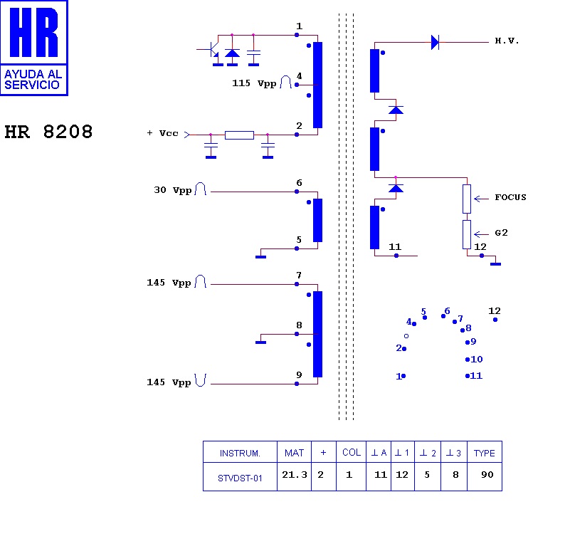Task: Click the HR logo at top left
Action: point(34,48)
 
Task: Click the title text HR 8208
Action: point(48,132)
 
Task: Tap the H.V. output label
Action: point(507,41)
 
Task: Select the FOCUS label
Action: point(510,197)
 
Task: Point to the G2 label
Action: point(501,233)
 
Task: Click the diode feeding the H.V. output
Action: point(435,42)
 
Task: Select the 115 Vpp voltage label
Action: point(254,83)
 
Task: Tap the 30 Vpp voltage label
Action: point(172,190)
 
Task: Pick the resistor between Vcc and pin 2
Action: point(239,135)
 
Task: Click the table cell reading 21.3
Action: point(294,476)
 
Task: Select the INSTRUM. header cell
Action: point(240,453)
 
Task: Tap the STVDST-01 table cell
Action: point(240,478)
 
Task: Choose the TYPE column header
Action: point(485,453)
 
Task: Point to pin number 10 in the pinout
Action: point(476,360)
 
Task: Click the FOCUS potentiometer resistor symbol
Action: point(467,199)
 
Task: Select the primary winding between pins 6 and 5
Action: point(317,220)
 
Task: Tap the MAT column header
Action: point(294,453)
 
